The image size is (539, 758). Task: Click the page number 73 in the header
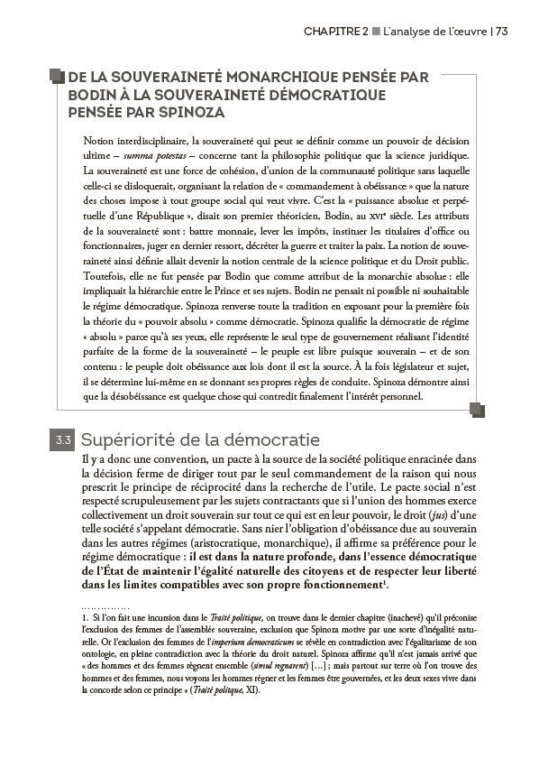(x=502, y=31)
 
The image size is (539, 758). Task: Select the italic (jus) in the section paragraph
(x=434, y=513)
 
